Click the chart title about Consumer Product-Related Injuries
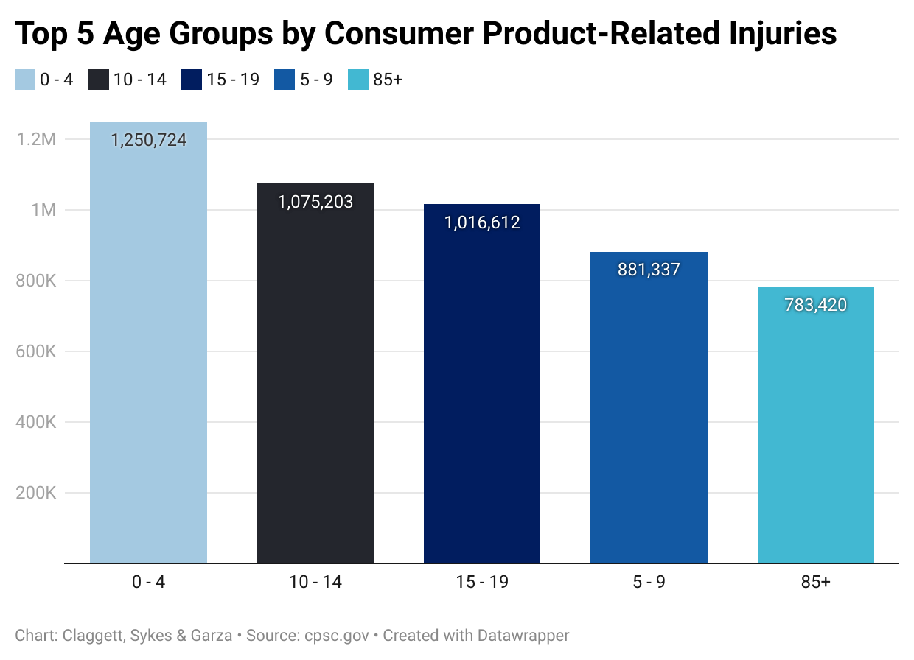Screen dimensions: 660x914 click(x=426, y=35)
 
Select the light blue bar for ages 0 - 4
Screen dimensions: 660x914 click(x=148, y=354)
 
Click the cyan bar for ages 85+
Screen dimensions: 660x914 click(x=816, y=435)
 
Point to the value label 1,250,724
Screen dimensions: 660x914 click(x=148, y=140)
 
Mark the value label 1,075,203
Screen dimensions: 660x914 click(x=315, y=202)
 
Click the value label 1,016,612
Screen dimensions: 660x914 click(x=482, y=222)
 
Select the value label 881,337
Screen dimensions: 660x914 click(x=649, y=270)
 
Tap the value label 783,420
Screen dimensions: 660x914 click(x=816, y=305)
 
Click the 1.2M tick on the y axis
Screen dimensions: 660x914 click(x=37, y=139)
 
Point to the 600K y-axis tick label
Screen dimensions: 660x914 click(x=36, y=351)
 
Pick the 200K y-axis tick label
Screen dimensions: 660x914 click(x=36, y=493)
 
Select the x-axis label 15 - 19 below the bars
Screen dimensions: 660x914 click(x=482, y=583)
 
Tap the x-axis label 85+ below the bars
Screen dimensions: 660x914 click(x=816, y=583)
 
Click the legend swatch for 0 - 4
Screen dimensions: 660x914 click(x=24, y=80)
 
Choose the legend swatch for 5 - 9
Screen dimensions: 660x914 click(x=284, y=80)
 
